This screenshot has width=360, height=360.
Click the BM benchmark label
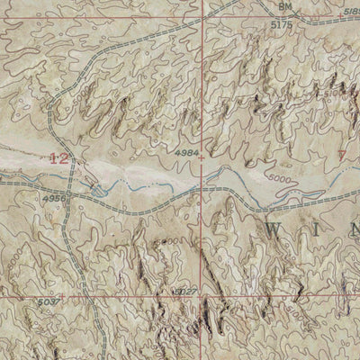pos(286,6)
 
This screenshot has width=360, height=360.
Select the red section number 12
pos(60,157)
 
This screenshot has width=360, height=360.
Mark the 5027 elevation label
pos(184,291)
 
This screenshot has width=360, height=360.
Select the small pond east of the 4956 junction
pos(97,188)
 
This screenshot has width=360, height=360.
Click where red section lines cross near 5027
pos(204,295)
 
